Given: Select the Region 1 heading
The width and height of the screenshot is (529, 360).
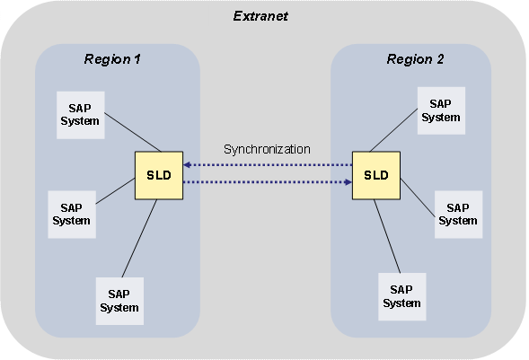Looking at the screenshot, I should [x=112, y=59].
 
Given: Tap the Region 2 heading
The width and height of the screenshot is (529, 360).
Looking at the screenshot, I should [x=415, y=59].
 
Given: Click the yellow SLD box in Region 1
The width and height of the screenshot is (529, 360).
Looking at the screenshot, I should [x=159, y=174].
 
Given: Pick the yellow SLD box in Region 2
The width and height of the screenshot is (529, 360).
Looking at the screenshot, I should [x=375, y=174].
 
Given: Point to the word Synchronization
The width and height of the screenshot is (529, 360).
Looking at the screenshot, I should [x=267, y=149].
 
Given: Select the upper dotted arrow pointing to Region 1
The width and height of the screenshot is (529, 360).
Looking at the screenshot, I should [x=267, y=165].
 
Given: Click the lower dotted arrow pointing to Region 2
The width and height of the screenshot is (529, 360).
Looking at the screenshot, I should [x=267, y=182].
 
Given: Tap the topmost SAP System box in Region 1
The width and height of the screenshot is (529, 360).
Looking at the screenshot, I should [x=79, y=114].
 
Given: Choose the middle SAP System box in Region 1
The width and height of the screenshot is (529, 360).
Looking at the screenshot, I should [x=70, y=214].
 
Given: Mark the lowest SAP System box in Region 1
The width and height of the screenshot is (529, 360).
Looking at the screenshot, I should [x=119, y=300].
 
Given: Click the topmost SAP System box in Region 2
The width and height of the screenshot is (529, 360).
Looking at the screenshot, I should [x=440, y=110].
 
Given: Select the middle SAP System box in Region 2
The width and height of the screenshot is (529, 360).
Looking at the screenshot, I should [x=457, y=214].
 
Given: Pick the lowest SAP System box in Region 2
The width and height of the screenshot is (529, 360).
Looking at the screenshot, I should [x=401, y=296].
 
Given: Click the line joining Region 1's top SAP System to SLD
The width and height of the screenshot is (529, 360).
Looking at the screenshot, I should [x=131, y=133].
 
